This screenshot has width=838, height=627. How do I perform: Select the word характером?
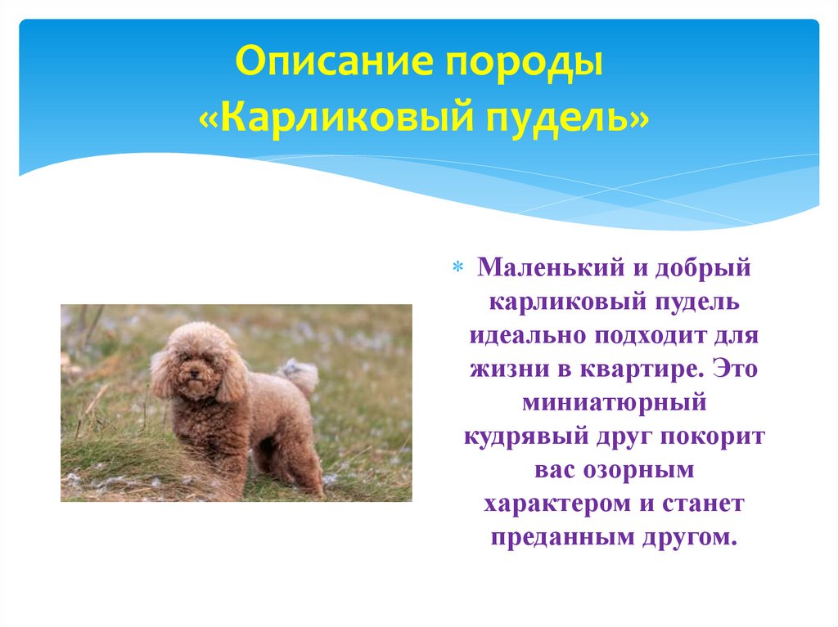pos(556,504)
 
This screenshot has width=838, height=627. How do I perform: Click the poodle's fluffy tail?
pos(298,374)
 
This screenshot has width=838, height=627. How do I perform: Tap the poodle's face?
pos(193,373)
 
